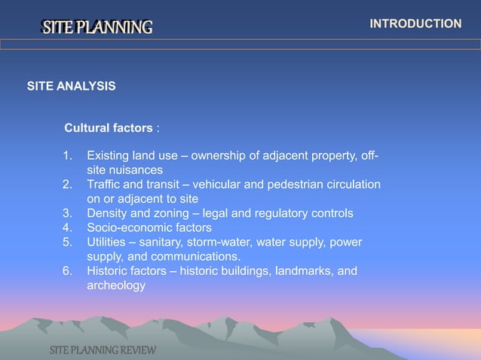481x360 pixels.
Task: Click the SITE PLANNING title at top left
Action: coord(97,29)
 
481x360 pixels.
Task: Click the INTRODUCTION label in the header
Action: coord(415,24)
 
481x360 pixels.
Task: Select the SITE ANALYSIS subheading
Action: coord(72,87)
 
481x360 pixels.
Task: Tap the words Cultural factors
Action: coord(109,128)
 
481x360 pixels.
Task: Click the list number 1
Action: coord(68,157)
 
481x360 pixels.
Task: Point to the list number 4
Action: coord(68,227)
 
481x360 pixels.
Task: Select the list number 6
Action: coord(68,271)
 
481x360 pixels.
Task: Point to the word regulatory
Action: coord(283,213)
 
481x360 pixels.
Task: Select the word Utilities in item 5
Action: coord(108,242)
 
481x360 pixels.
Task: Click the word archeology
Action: coord(116,285)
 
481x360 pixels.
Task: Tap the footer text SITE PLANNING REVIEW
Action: coord(103,351)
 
